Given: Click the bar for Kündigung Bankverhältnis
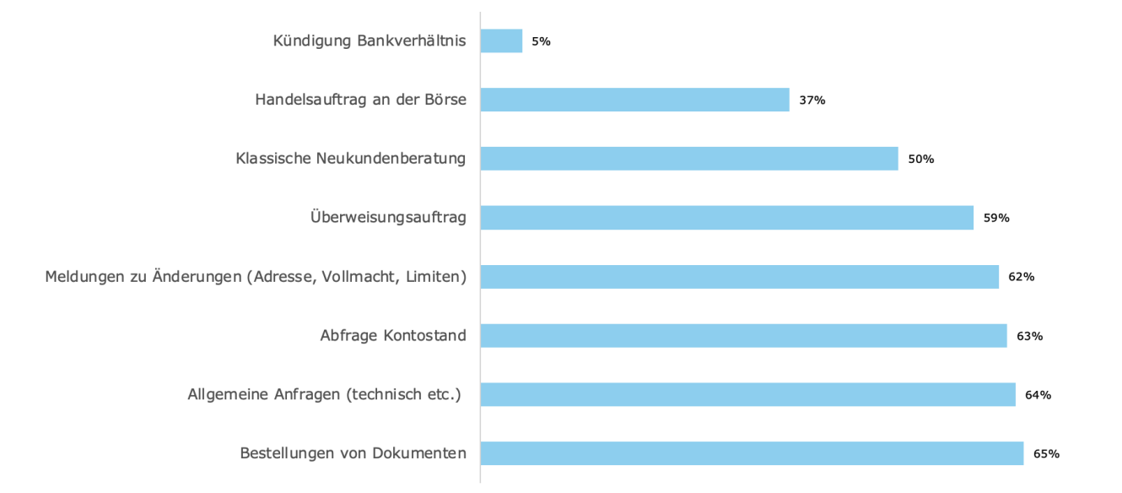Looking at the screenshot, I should click(501, 41).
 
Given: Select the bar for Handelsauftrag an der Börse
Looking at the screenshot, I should click(634, 100).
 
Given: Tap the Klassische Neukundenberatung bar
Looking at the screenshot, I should click(689, 159).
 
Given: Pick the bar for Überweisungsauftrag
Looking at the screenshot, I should click(726, 218).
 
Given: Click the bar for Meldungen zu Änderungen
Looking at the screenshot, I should click(739, 277).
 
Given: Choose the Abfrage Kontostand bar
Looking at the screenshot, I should click(743, 336).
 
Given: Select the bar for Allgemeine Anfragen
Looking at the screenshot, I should click(747, 395).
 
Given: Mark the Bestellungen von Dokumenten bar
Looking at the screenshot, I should click(752, 454).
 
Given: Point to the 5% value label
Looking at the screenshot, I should click(541, 41).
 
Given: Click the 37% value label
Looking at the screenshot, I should click(812, 100).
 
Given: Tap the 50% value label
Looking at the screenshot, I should click(921, 159).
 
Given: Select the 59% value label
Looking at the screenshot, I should click(996, 218).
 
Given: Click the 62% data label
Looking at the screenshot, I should click(1022, 277).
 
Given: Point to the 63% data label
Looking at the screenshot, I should click(1030, 336).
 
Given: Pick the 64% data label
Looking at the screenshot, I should click(1038, 395).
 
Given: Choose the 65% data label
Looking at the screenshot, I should click(1047, 454).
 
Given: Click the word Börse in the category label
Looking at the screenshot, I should click(446, 100).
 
